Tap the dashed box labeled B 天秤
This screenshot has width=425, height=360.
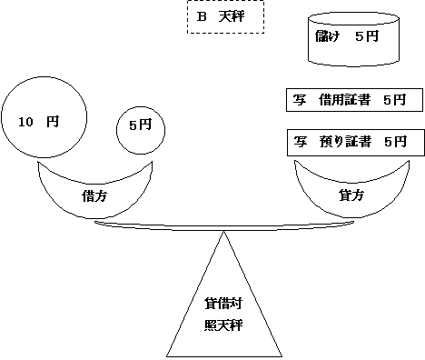click(224, 17)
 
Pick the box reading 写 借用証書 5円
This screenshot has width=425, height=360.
click(350, 100)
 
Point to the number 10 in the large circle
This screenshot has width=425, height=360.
click(25, 119)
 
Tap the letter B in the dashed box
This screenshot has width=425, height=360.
click(203, 17)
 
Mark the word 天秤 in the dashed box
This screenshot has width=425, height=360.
click(231, 17)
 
